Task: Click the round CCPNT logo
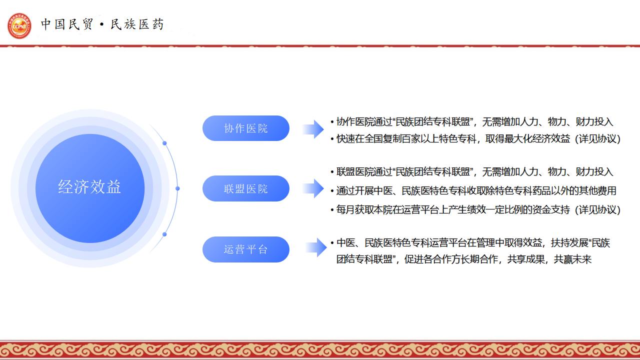point(19,25)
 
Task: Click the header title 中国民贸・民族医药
point(102,24)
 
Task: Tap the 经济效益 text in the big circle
point(89,187)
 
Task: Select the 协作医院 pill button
point(245,128)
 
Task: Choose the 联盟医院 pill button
point(245,188)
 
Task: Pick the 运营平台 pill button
point(245,249)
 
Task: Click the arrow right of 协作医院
point(313,129)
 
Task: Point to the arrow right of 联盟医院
point(313,188)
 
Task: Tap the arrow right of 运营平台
point(316,247)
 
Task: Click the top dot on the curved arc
point(164,143)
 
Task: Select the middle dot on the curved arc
point(177,188)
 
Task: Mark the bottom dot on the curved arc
point(164,234)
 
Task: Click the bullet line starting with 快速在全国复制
point(475,139)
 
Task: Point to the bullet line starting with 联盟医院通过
point(471,171)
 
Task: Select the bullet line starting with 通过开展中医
point(473,190)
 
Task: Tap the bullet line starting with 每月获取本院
point(475,209)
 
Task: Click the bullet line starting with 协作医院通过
point(471,121)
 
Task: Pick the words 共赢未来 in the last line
point(572,259)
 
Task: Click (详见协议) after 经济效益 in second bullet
point(597,139)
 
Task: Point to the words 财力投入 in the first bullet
point(594,121)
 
